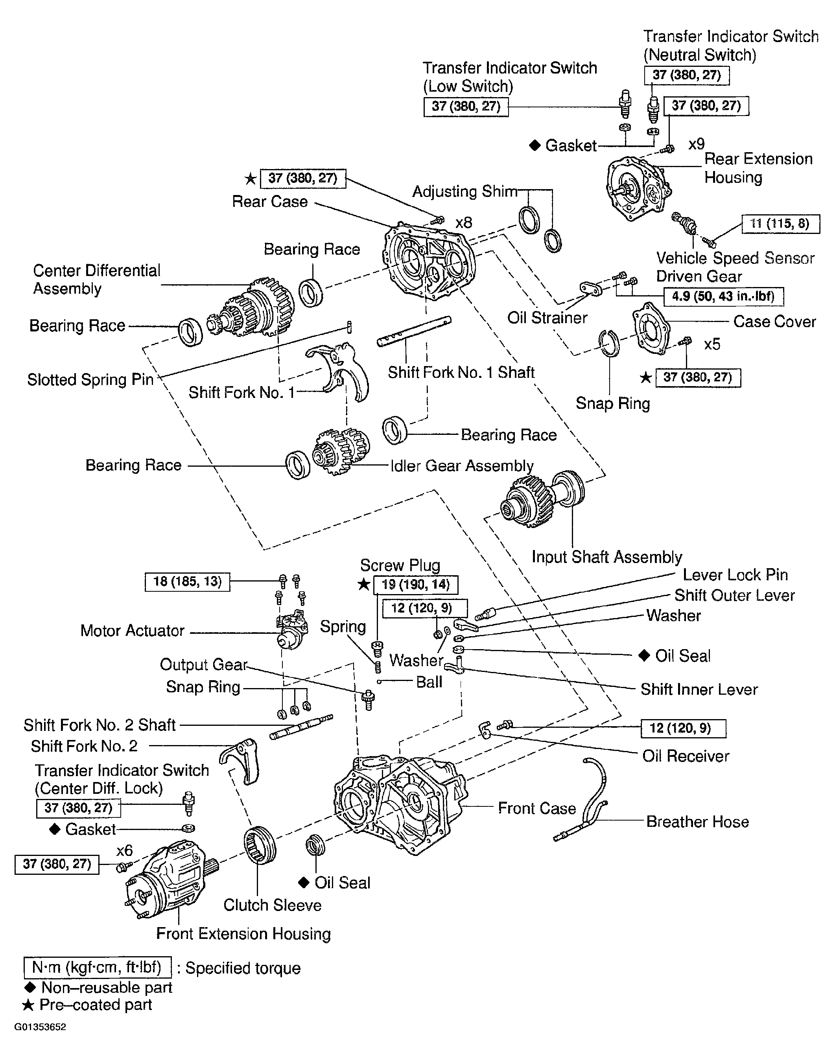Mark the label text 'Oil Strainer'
pyautogui.click(x=547, y=318)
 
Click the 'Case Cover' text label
pyautogui.click(x=774, y=322)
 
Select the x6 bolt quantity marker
pyautogui.click(x=124, y=850)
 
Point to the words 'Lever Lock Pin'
pyautogui.click(x=735, y=575)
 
